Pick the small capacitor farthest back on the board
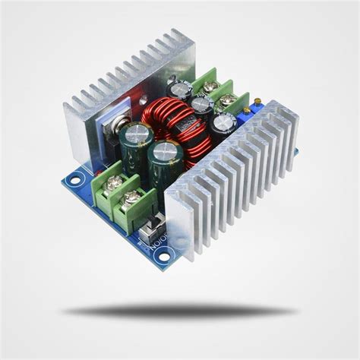(180, 90)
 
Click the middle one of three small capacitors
(201, 104)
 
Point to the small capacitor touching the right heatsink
(223, 123)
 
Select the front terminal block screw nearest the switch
(134, 198)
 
